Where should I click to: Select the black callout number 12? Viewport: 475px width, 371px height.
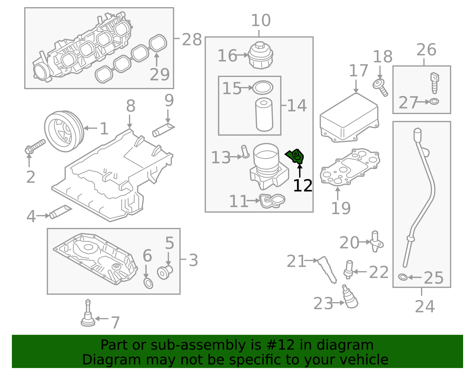click(x=303, y=186)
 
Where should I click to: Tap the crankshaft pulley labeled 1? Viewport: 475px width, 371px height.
click(x=64, y=131)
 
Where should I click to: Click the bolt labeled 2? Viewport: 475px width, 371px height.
click(x=35, y=146)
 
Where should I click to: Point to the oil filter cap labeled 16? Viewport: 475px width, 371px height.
click(x=261, y=55)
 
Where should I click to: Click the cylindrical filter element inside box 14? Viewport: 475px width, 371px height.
click(x=264, y=114)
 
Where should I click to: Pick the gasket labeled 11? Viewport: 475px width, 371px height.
click(x=272, y=201)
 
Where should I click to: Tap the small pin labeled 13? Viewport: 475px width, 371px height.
click(x=245, y=151)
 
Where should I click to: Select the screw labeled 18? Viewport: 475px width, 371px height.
click(x=380, y=87)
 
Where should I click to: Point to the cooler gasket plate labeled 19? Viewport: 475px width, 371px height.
click(x=349, y=167)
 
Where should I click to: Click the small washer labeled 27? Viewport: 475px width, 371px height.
click(x=434, y=102)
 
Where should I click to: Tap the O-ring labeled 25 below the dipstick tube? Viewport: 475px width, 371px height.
click(x=403, y=277)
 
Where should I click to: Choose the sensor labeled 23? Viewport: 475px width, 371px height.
click(x=350, y=297)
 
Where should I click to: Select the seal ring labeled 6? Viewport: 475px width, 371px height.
click(x=148, y=283)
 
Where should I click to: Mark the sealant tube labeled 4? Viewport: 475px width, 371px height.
click(x=61, y=211)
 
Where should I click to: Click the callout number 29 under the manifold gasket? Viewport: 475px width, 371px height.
click(x=159, y=74)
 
